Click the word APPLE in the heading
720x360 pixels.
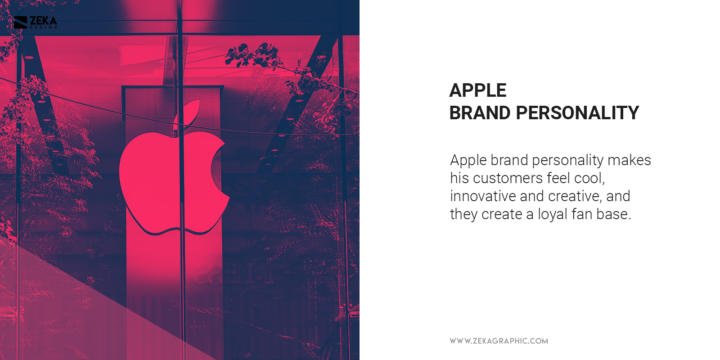tap(478, 90)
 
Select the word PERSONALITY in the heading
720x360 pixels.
tap(577, 113)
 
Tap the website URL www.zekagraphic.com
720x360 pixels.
tap(499, 341)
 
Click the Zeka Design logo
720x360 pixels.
tap(36, 22)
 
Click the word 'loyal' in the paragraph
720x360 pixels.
tap(552, 214)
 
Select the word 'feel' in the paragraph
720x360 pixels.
tap(558, 178)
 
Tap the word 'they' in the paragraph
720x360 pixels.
tap(463, 214)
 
